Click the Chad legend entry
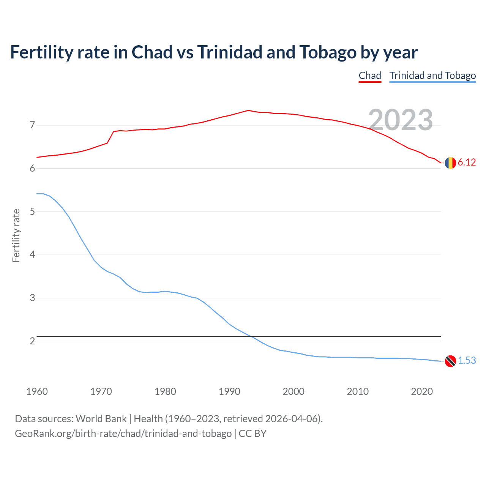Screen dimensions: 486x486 point(370,76)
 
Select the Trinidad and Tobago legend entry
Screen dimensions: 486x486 point(432,76)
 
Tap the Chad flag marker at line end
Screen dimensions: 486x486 point(450,163)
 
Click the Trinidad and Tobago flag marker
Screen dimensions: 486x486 point(450,361)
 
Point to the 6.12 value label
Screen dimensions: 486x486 point(467,163)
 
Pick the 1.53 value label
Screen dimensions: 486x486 point(467,361)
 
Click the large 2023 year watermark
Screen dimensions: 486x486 point(401,120)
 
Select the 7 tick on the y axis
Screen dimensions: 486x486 point(32,125)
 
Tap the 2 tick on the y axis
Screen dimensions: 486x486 point(32,341)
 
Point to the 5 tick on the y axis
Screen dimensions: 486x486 point(32,211)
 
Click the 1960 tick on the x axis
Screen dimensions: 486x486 point(37,391)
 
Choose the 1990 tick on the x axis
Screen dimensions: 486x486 point(229,391)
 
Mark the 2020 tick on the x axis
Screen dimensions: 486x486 point(422,391)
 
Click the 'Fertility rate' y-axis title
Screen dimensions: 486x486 point(16,235)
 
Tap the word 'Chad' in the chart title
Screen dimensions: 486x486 point(152,52)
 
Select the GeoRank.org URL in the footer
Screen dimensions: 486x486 point(123,434)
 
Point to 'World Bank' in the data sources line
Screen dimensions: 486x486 point(101,419)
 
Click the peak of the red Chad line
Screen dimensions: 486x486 point(248,110)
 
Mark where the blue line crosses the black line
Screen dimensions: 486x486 point(251,336)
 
